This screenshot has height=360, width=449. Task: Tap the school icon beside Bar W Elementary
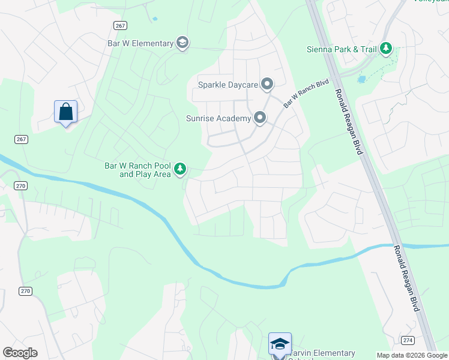pyautogui.click(x=182, y=43)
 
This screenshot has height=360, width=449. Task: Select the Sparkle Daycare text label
pyautogui.click(x=229, y=85)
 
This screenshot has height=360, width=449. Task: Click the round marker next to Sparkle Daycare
pyautogui.click(x=267, y=85)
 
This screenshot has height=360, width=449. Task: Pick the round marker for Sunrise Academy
pyautogui.click(x=260, y=118)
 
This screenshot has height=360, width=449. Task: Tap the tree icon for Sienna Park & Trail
pyautogui.click(x=386, y=48)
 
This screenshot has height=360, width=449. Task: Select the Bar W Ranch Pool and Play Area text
pyautogui.click(x=138, y=170)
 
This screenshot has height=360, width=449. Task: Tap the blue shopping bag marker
pyautogui.click(x=65, y=112)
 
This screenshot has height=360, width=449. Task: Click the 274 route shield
pyautogui.click(x=408, y=340)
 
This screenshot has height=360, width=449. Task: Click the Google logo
pyautogui.click(x=20, y=353)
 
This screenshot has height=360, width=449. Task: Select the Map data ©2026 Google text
pyautogui.click(x=411, y=355)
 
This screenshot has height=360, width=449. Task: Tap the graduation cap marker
pyautogui.click(x=280, y=343)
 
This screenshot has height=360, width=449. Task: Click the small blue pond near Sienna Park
pyautogui.click(x=362, y=79)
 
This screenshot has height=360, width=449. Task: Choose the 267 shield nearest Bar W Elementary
pyautogui.click(x=119, y=24)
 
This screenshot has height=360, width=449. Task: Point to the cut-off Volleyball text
pyautogui.click(x=430, y=1)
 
